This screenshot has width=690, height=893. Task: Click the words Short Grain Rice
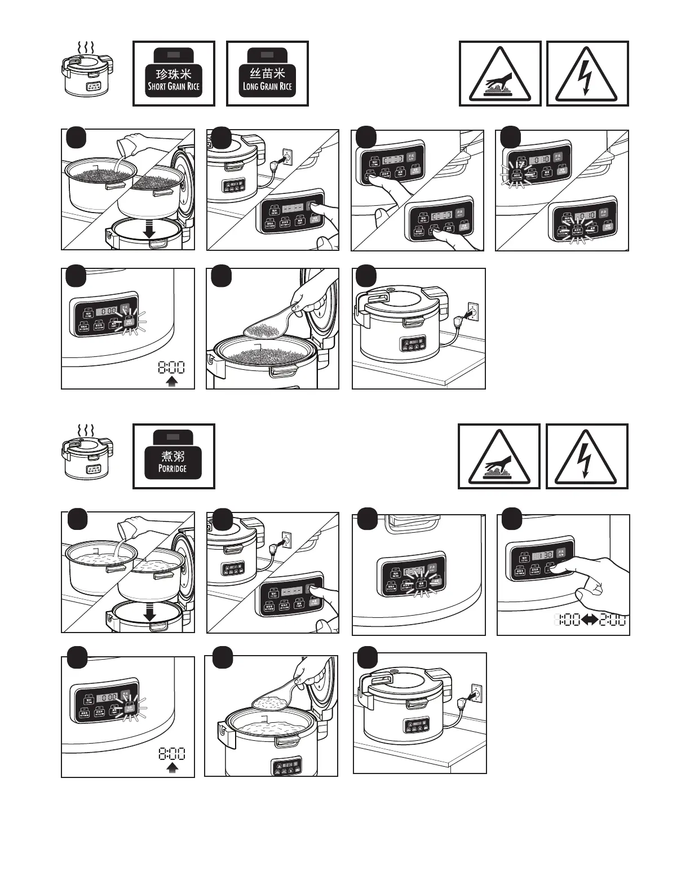pyautogui.click(x=174, y=87)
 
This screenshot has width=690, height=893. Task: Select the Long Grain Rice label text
pyautogui.click(x=267, y=87)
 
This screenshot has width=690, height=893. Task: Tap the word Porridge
pyautogui.click(x=172, y=468)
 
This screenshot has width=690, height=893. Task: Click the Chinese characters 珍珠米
pyautogui.click(x=174, y=74)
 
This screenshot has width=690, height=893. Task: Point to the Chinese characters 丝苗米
pyautogui.click(x=267, y=73)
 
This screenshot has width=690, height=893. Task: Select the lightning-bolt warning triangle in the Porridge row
pyautogui.click(x=587, y=458)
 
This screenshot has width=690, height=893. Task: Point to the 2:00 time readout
pyautogui.click(x=613, y=620)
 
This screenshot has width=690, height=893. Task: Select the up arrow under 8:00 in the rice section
pyautogui.click(x=172, y=382)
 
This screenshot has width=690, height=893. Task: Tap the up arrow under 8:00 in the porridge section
pyautogui.click(x=172, y=767)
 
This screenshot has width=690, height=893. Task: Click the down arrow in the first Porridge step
pyautogui.click(x=149, y=613)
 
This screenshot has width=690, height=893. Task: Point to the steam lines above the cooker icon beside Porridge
pyautogui.click(x=86, y=431)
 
